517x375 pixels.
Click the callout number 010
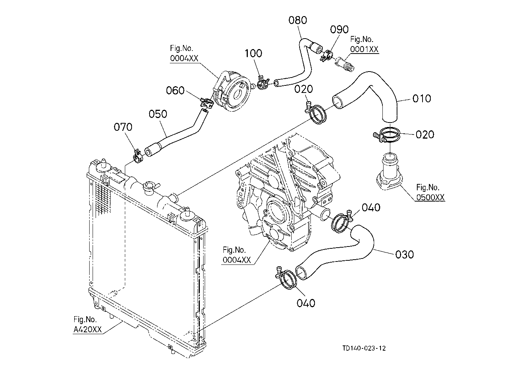422,99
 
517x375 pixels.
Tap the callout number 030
405,255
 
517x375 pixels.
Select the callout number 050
158,114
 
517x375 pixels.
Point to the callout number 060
175,90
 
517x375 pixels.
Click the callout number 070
123,127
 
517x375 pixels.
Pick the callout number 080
298,20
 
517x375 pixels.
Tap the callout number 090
339,30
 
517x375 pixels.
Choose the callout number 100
253,53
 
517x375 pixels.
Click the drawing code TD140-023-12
364,348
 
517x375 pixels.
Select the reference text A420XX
88,330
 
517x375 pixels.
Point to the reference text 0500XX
430,197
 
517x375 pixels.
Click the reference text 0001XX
364,49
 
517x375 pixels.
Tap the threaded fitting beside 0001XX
345,64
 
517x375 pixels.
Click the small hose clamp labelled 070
138,157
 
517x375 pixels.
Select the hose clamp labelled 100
263,83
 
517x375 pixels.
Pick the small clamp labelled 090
326,55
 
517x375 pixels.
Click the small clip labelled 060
207,103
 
